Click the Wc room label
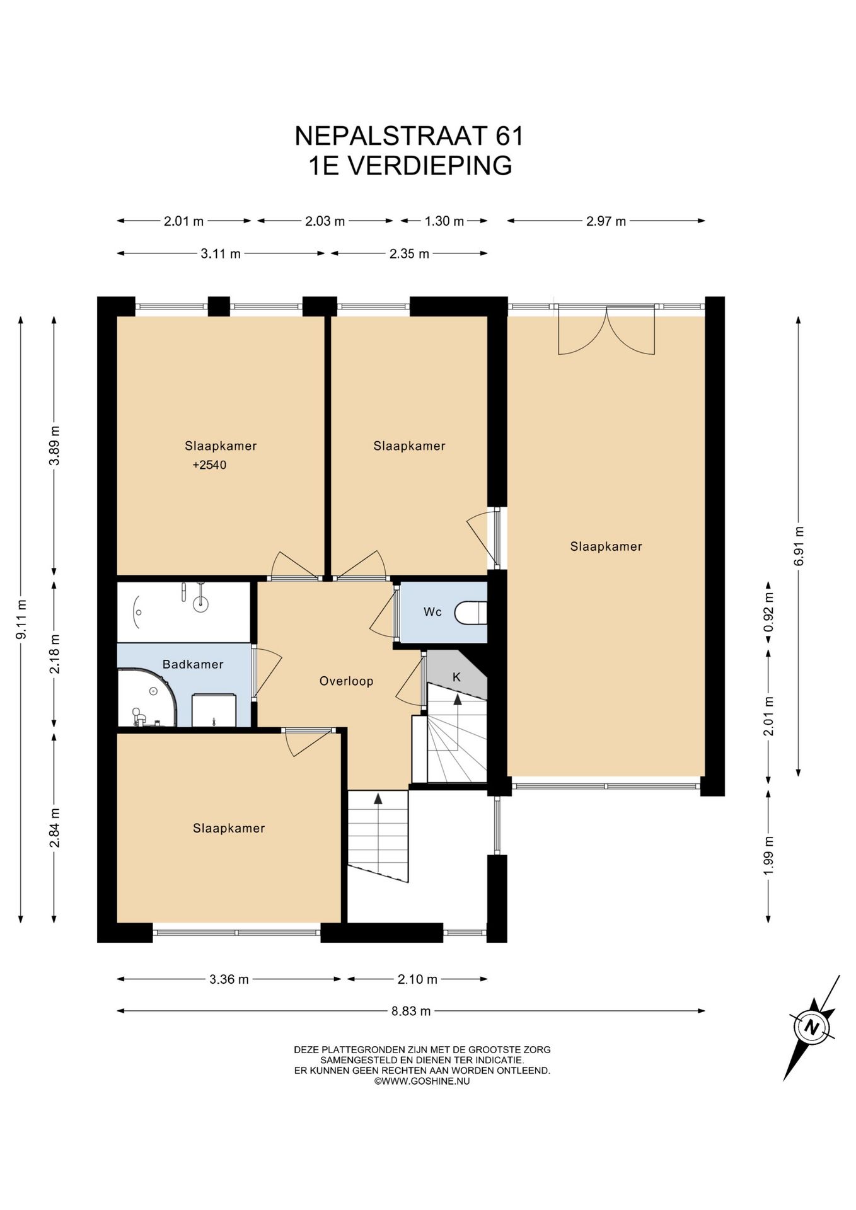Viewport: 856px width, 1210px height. (x=432, y=612)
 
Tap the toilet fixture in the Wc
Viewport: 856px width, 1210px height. (x=471, y=613)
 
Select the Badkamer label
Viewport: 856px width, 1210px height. (x=193, y=664)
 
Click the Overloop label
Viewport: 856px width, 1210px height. (x=346, y=681)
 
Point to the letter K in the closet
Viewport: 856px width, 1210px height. (x=457, y=677)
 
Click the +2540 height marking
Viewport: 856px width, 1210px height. (x=209, y=465)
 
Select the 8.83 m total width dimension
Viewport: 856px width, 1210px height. (x=411, y=1011)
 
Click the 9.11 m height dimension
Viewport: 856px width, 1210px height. (x=21, y=619)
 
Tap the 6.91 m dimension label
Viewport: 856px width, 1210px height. (x=799, y=546)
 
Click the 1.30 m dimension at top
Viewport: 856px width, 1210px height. (x=444, y=221)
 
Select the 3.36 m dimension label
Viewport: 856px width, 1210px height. (x=229, y=979)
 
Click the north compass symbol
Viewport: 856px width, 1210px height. (x=813, y=1028)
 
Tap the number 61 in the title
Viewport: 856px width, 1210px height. (x=509, y=136)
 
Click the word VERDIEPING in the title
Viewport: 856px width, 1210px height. (x=430, y=166)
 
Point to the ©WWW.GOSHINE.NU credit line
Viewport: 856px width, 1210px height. (x=422, y=1081)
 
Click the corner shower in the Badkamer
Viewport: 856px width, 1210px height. (x=147, y=698)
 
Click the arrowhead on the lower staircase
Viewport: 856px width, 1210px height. (x=378, y=798)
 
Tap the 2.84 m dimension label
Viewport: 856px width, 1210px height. (x=55, y=827)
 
